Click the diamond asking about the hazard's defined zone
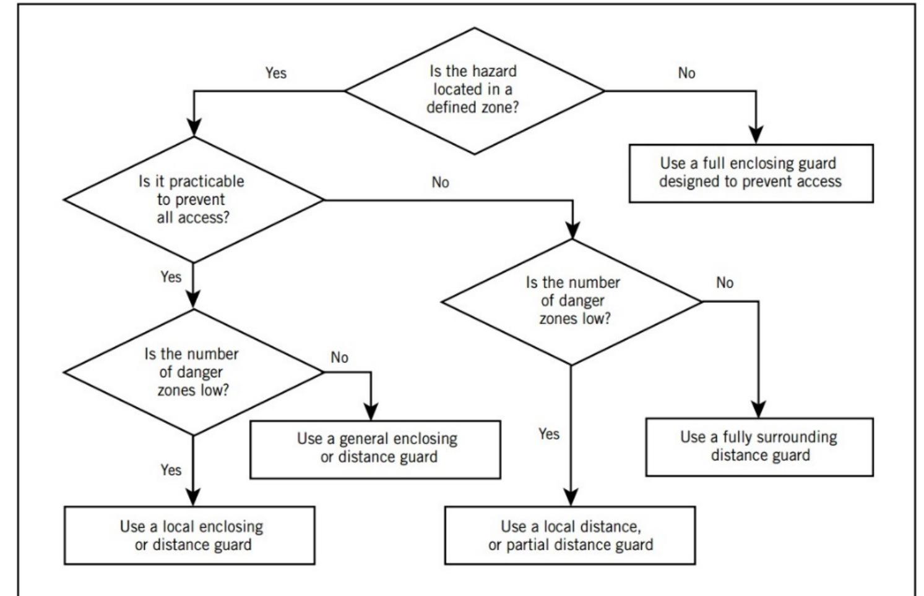click(x=473, y=90)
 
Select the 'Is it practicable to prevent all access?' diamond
click(x=193, y=200)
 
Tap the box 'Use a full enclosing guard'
click(x=750, y=173)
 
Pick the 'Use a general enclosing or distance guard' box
click(x=375, y=449)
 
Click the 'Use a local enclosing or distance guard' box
click(x=189, y=535)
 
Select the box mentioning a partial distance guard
click(x=569, y=535)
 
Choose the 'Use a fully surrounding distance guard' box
click(x=759, y=447)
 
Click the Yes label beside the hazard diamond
click(x=276, y=73)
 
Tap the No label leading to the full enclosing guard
click(x=686, y=73)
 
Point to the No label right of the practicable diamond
click(x=440, y=182)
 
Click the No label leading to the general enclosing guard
click(x=339, y=357)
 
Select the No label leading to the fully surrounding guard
click(x=725, y=283)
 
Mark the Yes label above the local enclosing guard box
click(x=171, y=470)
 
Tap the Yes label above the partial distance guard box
click(x=549, y=434)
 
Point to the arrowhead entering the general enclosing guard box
click(x=370, y=412)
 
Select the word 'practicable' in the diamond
click(x=207, y=182)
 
